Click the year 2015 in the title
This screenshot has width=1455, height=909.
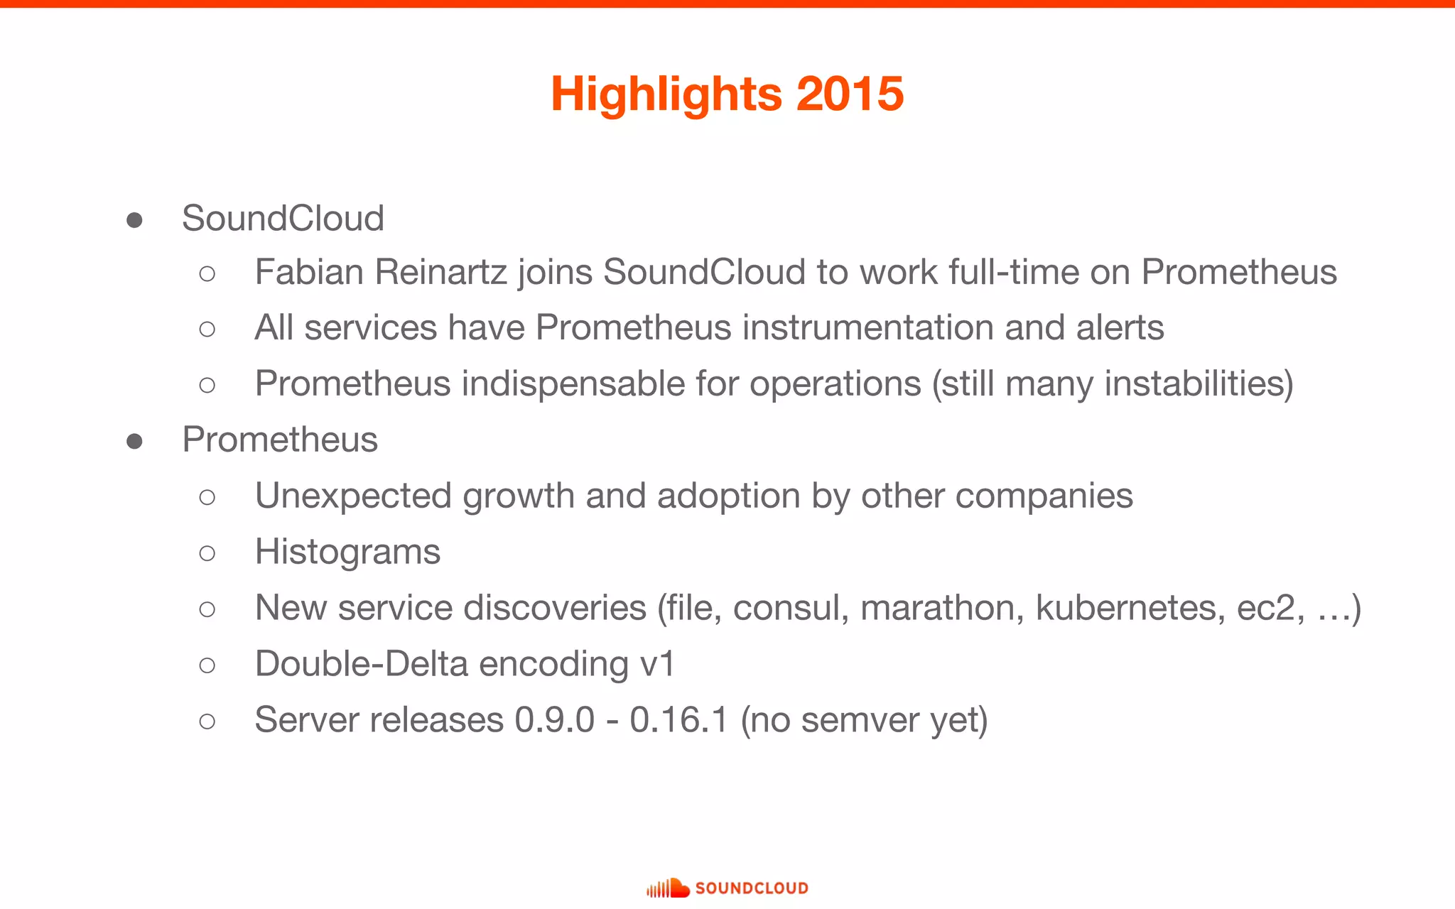tap(850, 94)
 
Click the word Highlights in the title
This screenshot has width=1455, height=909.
tap(666, 95)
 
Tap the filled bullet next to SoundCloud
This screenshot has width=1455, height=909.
tap(134, 219)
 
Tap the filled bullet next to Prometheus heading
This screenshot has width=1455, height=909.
tap(134, 441)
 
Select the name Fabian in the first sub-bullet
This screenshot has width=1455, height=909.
tap(309, 272)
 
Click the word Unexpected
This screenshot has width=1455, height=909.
tap(353, 496)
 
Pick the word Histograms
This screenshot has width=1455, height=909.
tap(347, 553)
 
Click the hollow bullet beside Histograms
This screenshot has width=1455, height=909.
tap(207, 553)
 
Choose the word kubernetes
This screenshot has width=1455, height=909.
tap(1130, 608)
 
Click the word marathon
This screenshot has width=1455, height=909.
tap(942, 608)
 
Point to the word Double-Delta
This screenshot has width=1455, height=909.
tap(361, 665)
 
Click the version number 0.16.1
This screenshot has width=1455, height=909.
tap(678, 720)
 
